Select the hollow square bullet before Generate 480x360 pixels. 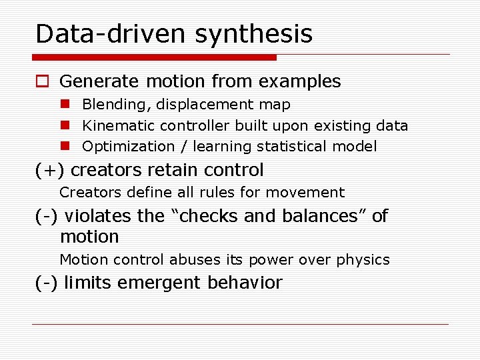(x=42, y=82)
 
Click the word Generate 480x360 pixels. (x=98, y=82)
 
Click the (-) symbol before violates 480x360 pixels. (x=47, y=217)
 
